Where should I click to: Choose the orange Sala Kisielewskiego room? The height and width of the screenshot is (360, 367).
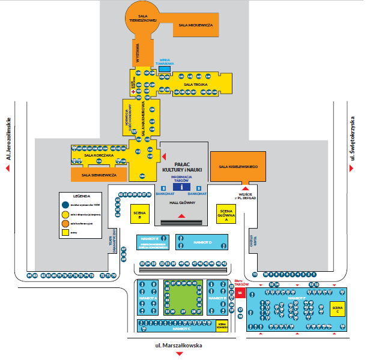(x=238, y=166)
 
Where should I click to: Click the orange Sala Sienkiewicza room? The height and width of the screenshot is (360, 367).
(x=99, y=174)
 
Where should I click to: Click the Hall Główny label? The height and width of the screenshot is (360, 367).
(x=181, y=204)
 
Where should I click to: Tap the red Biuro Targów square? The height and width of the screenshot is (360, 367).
(x=240, y=293)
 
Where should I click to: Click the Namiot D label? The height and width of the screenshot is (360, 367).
(x=202, y=242)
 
